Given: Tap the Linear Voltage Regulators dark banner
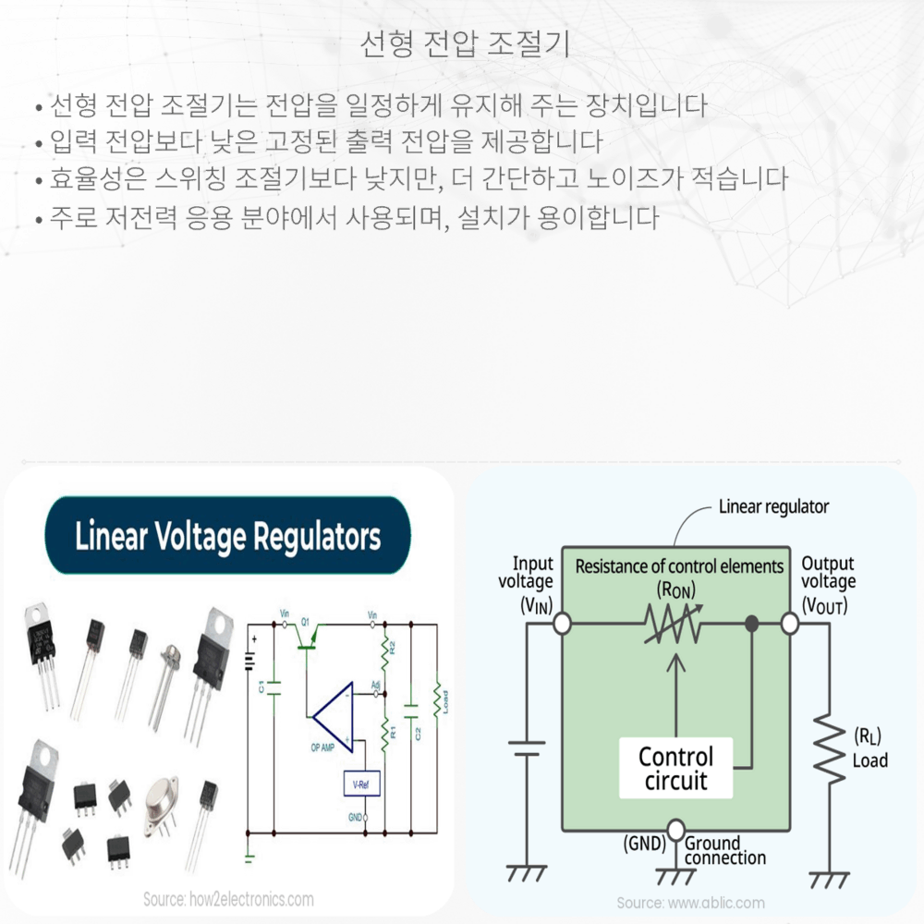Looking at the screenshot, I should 227,536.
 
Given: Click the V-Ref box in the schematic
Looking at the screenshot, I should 361,784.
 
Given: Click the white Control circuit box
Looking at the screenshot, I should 676,769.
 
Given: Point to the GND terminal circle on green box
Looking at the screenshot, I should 676,829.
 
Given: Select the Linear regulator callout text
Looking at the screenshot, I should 773,506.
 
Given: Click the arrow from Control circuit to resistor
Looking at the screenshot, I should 677,693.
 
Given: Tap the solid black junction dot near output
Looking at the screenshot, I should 752,625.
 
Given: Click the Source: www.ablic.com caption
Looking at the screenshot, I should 690,902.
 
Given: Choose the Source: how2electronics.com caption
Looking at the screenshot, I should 228,898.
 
